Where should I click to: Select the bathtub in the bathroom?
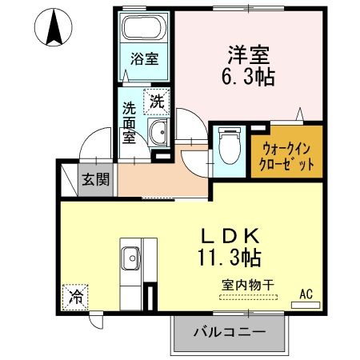pyautogui.click(x=146, y=31)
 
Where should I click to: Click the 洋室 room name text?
pyautogui.click(x=247, y=55)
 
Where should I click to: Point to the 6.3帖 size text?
pyautogui.click(x=247, y=77)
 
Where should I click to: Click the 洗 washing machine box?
pyautogui.click(x=157, y=102)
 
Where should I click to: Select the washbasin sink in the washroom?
pyautogui.click(x=158, y=134)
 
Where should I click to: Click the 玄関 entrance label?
pyautogui.click(x=95, y=180)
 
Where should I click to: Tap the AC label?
pyautogui.click(x=306, y=293)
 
